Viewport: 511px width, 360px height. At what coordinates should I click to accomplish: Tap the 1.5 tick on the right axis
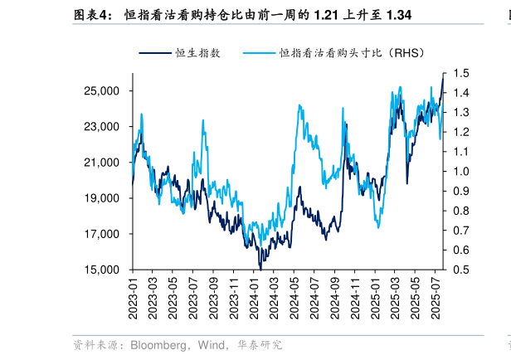tap(462, 74)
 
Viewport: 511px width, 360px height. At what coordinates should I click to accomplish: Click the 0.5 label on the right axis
tap(462, 270)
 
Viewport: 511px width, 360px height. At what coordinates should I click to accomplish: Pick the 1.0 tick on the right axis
tap(462, 172)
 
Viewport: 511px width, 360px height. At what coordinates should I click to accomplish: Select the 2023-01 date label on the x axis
tap(133, 294)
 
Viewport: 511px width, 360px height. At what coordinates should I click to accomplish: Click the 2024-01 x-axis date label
tap(255, 294)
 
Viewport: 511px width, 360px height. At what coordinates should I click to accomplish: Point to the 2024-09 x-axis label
tap(335, 294)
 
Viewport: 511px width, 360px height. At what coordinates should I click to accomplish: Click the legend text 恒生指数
tap(197, 53)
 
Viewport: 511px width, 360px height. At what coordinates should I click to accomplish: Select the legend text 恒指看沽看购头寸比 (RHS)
tap(352, 53)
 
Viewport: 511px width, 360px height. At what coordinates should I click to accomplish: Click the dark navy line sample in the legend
tap(153, 53)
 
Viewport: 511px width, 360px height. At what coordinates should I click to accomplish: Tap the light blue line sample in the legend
tap(257, 53)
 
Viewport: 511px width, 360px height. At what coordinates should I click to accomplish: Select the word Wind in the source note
tap(212, 345)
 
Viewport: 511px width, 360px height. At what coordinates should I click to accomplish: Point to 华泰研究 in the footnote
tap(259, 345)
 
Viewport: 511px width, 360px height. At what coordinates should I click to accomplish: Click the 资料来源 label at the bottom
tap(96, 345)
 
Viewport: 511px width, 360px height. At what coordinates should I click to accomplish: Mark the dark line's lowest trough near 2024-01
tap(260, 268)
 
